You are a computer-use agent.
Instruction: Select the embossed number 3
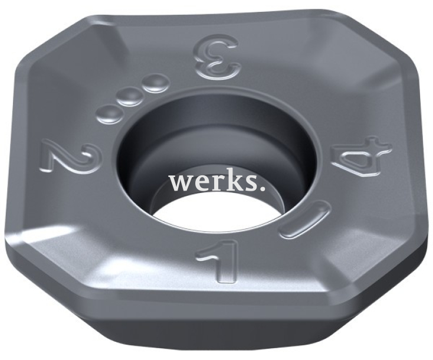pos(217,57)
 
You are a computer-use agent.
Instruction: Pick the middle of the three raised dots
pos(130,98)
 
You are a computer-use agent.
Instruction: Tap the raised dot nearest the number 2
pos(109,114)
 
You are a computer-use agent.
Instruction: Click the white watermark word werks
pos(217,182)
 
